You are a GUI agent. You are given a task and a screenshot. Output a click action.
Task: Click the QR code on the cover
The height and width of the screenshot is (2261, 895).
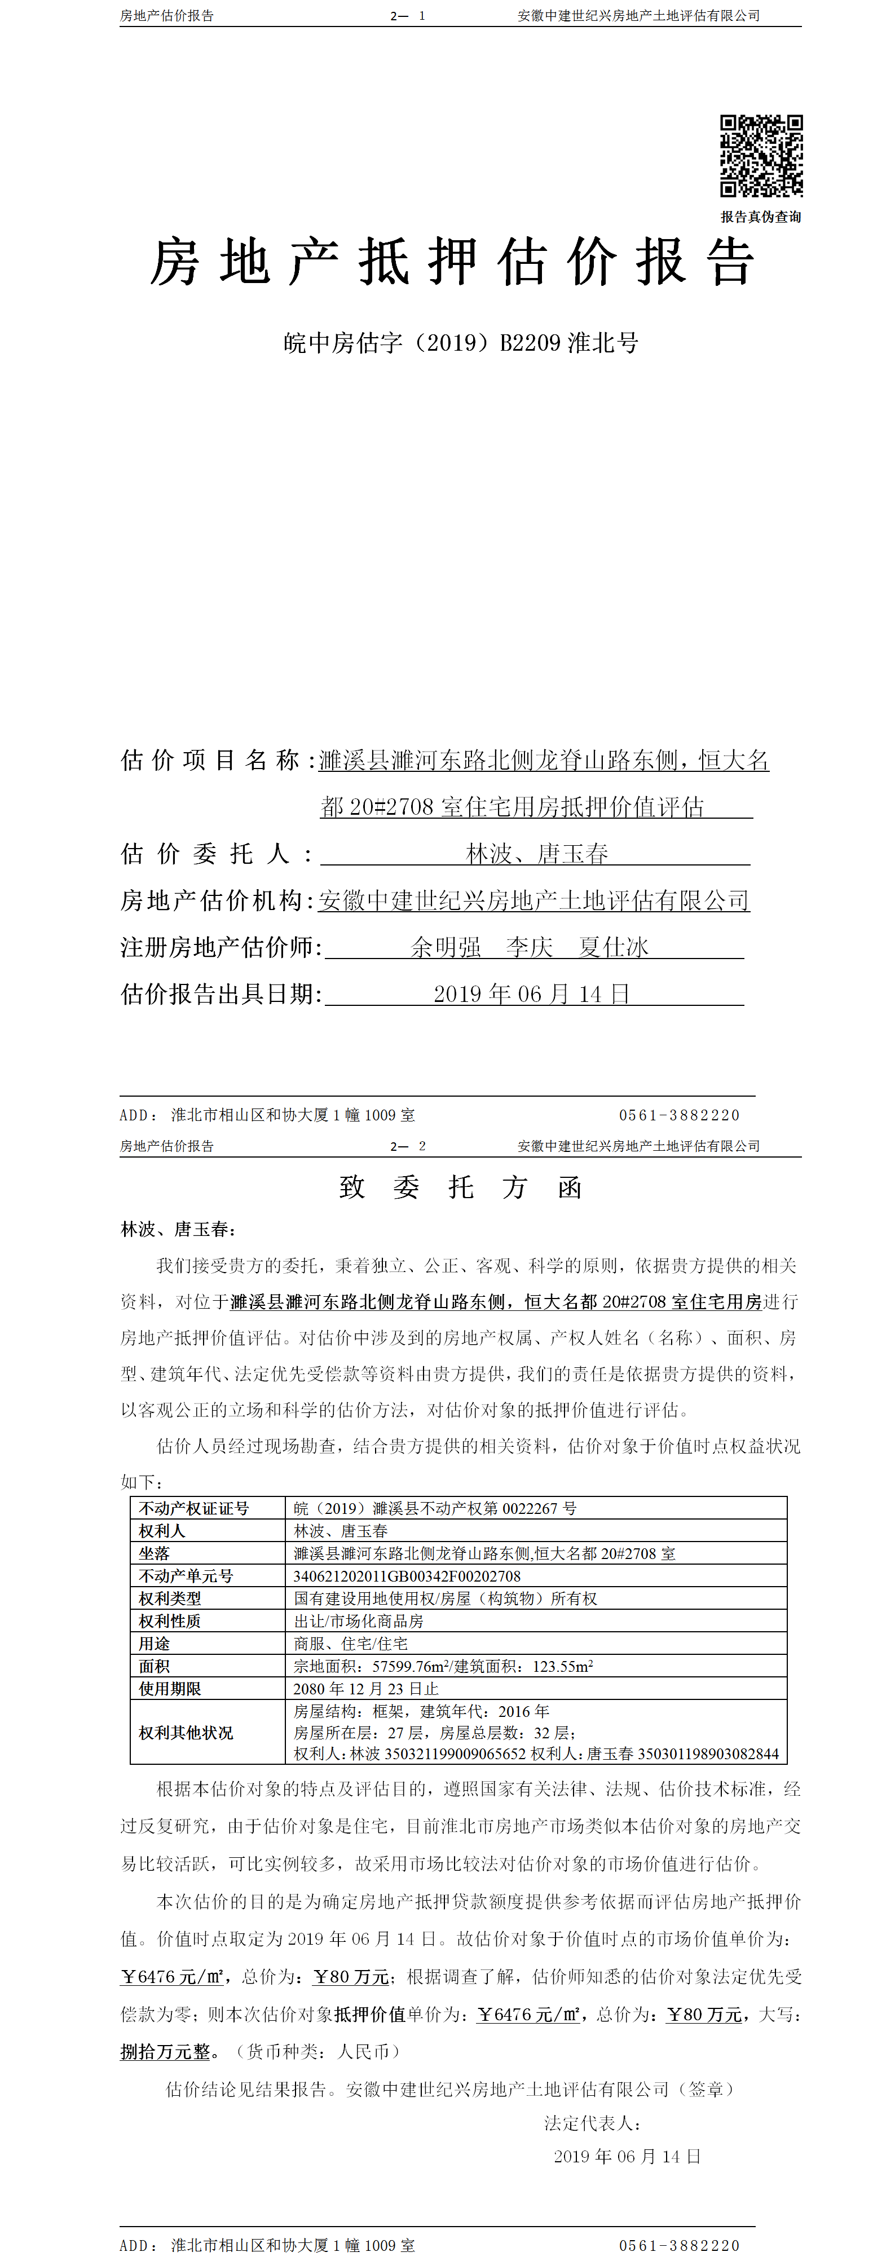761,156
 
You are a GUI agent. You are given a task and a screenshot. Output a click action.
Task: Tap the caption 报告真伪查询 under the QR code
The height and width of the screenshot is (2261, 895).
761,217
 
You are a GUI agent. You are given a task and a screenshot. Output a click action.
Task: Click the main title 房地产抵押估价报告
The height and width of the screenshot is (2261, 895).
452,262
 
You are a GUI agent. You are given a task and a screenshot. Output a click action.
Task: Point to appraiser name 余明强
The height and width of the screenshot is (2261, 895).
446,947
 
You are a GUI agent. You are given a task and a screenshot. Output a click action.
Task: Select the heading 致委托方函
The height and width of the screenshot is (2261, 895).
460,1187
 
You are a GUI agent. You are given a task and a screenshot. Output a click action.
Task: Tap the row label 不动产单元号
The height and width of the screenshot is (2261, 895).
186,1575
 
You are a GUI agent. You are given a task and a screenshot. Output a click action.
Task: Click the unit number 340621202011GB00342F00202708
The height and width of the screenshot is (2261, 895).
407,1575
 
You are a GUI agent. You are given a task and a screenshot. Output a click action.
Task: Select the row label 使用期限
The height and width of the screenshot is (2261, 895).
170,1688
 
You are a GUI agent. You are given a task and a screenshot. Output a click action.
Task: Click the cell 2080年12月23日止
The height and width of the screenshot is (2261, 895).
365,1688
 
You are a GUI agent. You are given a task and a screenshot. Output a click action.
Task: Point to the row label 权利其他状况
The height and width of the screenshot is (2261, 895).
186,1732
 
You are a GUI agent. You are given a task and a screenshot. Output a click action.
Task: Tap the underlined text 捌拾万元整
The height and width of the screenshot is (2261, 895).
166,2051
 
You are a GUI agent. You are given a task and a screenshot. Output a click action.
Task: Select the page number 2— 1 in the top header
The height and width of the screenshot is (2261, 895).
408,16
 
